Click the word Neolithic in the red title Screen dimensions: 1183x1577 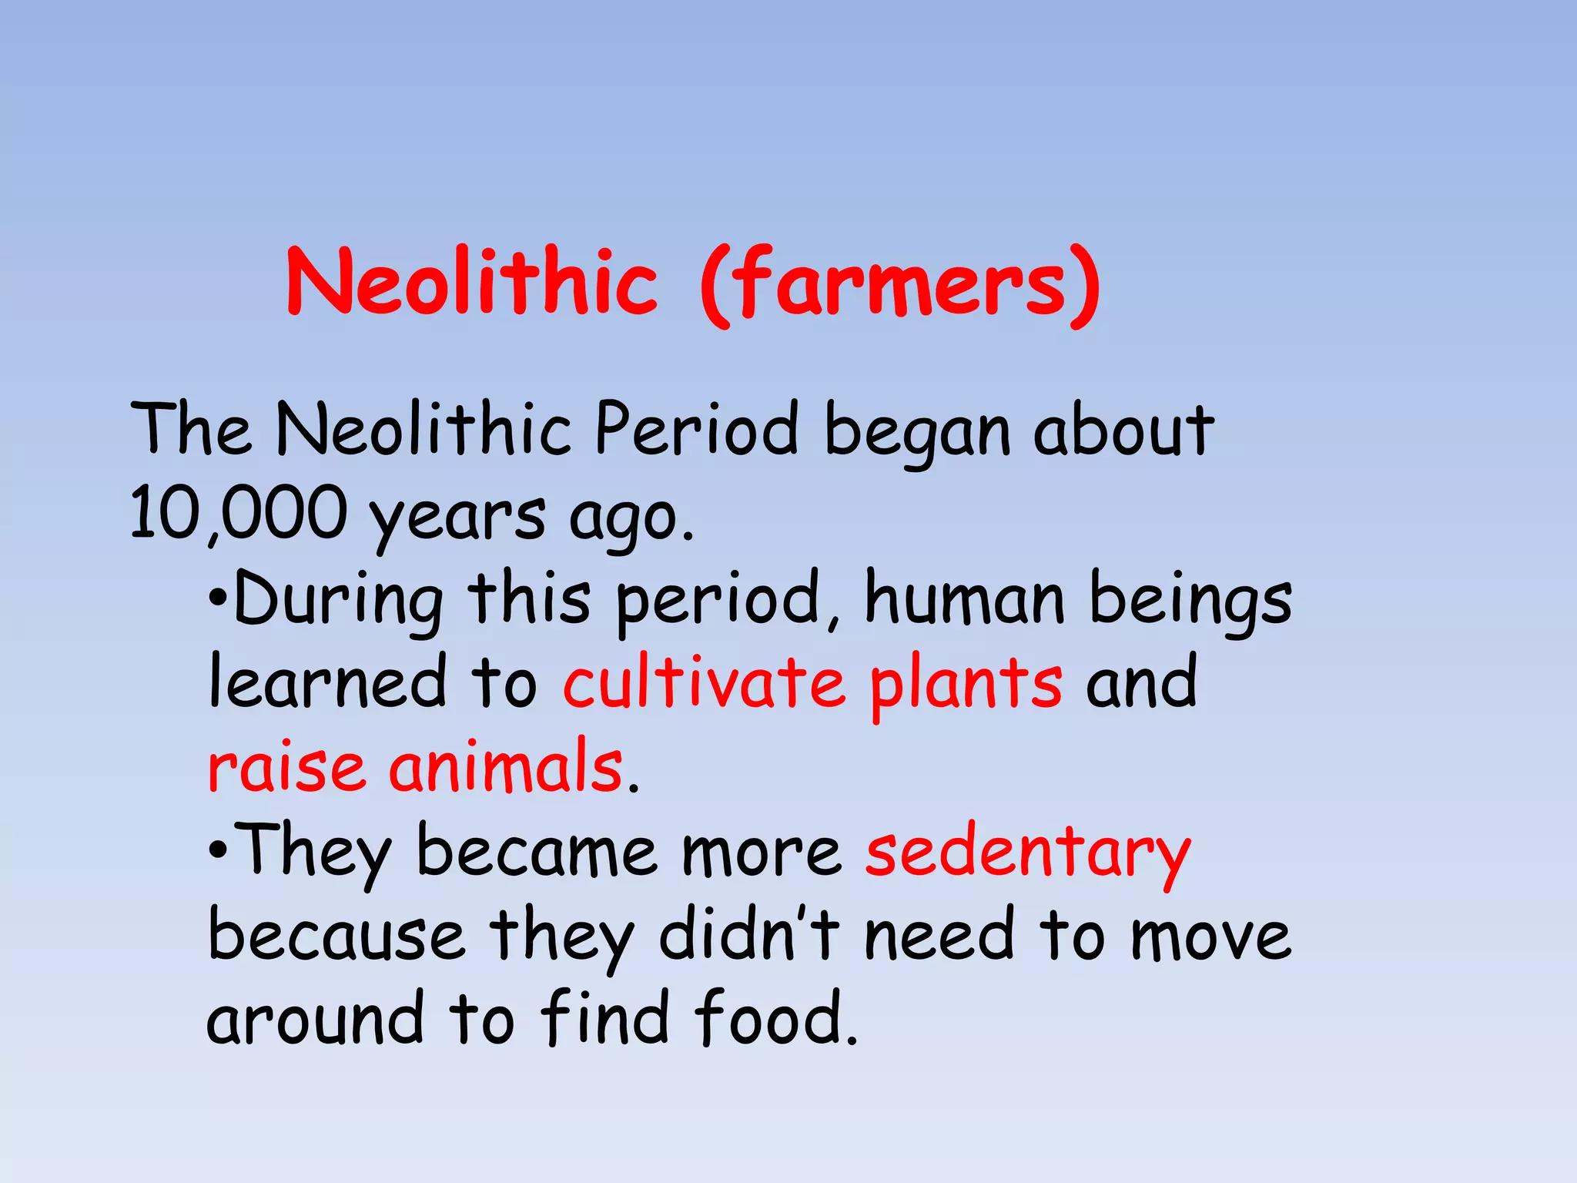click(x=471, y=282)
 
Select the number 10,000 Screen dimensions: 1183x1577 click(x=238, y=513)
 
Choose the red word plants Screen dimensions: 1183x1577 click(x=966, y=684)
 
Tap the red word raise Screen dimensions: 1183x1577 click(x=286, y=767)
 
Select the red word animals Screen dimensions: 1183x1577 click(x=506, y=766)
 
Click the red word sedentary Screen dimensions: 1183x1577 click(x=1027, y=853)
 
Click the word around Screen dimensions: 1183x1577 click(x=315, y=1020)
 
